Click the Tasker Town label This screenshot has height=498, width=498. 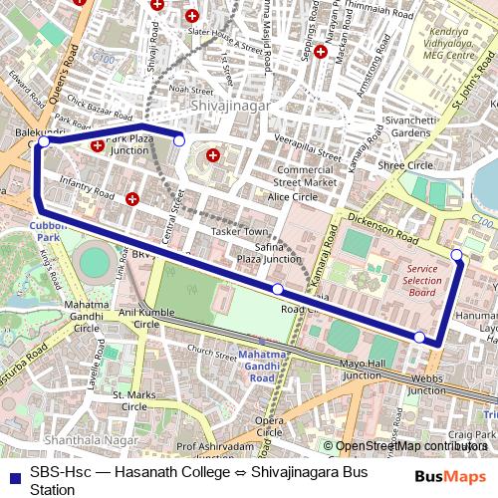[240, 231]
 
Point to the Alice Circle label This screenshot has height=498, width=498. [292, 197]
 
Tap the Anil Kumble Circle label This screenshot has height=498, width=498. [146, 317]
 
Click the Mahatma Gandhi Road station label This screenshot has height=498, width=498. [261, 366]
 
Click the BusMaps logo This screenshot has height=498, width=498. [450, 476]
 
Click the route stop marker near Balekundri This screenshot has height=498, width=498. [43, 142]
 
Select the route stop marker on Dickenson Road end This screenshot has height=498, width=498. [457, 256]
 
